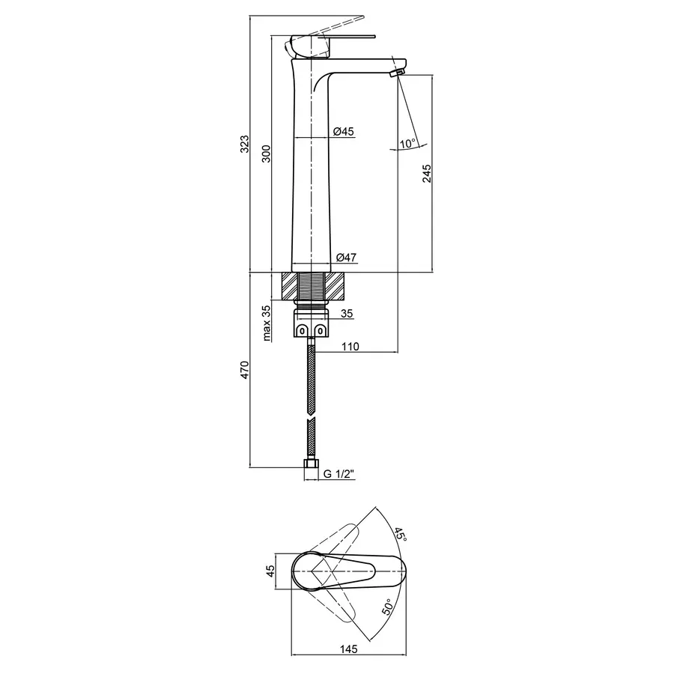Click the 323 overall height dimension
click(x=244, y=143)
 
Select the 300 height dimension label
click(x=264, y=153)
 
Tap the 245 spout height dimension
click(x=427, y=174)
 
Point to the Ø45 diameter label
click(x=343, y=132)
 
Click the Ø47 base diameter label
click(x=346, y=258)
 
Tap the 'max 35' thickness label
click(x=265, y=323)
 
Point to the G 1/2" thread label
click(x=339, y=474)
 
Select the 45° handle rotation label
click(x=401, y=535)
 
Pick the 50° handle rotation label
click(x=389, y=605)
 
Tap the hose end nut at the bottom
click(x=310, y=470)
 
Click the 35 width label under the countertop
click(x=346, y=314)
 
